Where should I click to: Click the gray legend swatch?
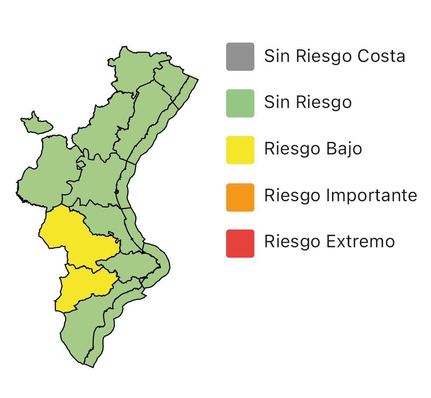(x=240, y=56)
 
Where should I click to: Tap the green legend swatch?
(x=240, y=103)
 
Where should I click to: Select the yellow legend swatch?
(x=240, y=150)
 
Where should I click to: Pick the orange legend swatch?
(x=240, y=197)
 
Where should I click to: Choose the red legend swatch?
(x=240, y=243)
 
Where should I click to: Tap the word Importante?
(x=372, y=196)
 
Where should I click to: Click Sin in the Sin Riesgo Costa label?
(x=277, y=56)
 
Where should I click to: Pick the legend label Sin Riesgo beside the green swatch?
(x=308, y=102)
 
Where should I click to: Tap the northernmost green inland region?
(x=136, y=68)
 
